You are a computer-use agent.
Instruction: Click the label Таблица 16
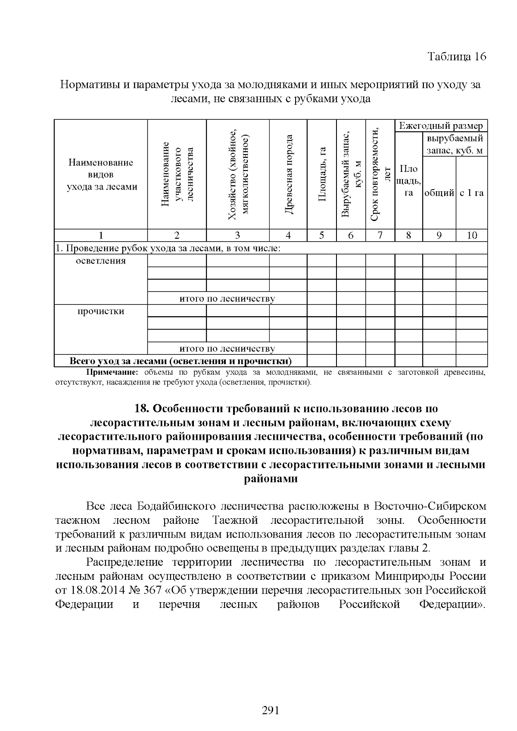tap(457, 57)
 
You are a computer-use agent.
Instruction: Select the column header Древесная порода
tap(289, 174)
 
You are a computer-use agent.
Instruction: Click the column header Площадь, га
tap(322, 174)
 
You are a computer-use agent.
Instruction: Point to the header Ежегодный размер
tap(441, 126)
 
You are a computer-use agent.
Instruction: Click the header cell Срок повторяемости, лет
tap(380, 174)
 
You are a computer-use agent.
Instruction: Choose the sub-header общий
tap(439, 193)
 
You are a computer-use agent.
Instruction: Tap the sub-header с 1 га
tap(471, 193)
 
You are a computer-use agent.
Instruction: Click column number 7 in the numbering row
tap(380, 235)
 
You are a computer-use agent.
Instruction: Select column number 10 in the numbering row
tap(472, 235)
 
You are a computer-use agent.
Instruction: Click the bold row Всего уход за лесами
tap(181, 361)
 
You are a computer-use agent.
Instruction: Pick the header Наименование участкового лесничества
tap(177, 174)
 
